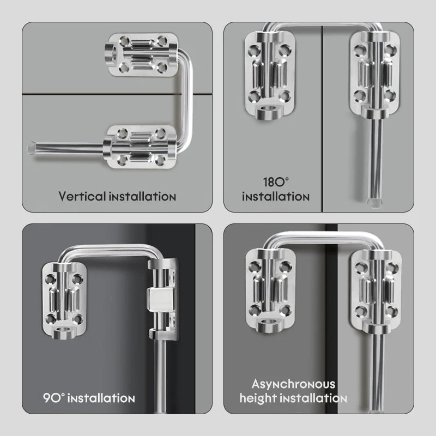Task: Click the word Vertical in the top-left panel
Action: pos(82,196)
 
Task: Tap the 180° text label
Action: pos(276,183)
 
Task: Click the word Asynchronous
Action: pos(293,384)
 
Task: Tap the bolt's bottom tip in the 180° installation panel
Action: pos(374,203)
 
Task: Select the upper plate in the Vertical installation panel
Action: pos(142,55)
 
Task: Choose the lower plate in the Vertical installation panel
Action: pos(141,147)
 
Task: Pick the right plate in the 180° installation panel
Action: pos(374,75)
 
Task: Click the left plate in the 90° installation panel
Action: pos(64,300)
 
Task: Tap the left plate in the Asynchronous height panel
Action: pos(270,290)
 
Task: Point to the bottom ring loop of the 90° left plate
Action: pos(64,332)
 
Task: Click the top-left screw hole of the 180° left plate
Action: pos(254,50)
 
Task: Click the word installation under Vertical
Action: pos(142,197)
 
